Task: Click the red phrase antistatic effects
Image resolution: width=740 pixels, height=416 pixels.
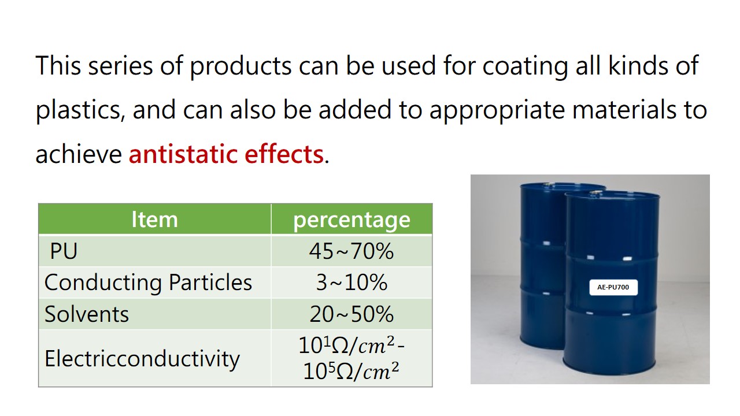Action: [x=226, y=154]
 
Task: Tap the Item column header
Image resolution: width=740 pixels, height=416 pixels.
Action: [x=154, y=219]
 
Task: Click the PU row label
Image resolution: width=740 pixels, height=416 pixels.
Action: [x=64, y=251]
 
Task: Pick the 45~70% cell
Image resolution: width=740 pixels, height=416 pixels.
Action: [x=351, y=251]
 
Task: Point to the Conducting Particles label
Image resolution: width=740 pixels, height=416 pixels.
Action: [x=148, y=283]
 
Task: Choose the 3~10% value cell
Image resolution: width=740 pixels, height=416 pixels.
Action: [x=351, y=283]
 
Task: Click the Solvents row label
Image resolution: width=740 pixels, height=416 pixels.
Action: [x=87, y=314]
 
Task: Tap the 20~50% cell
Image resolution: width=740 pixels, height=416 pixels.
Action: [x=351, y=314]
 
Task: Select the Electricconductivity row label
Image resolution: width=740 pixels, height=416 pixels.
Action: [x=142, y=359]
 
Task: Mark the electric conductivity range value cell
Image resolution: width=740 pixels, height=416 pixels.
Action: [x=351, y=359]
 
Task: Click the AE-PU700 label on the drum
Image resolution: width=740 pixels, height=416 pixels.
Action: [x=613, y=287]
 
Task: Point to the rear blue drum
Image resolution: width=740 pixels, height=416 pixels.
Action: [x=542, y=264]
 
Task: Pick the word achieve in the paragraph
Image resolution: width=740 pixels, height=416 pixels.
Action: [x=79, y=154]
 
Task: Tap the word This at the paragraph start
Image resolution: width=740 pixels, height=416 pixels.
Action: [x=58, y=65]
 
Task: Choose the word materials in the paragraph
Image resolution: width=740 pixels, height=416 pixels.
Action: [x=624, y=110]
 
